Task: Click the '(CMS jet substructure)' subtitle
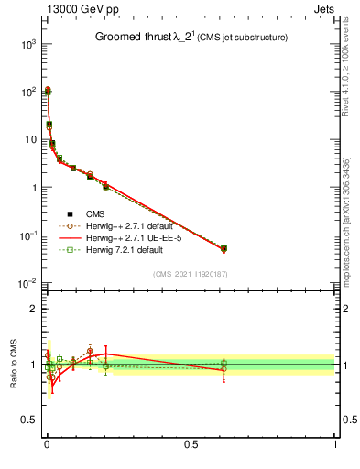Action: (236, 38)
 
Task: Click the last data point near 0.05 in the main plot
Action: (224, 248)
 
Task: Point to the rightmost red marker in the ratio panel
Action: (224, 370)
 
